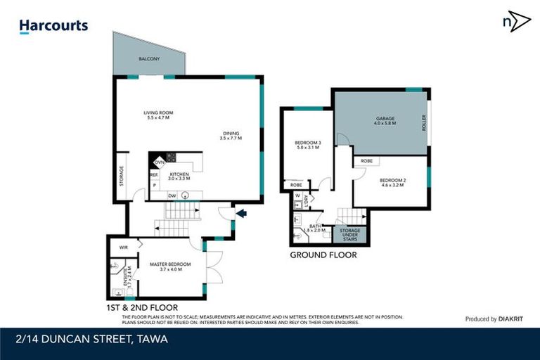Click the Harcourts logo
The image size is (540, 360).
click(x=53, y=26)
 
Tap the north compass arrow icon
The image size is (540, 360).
click(x=516, y=21)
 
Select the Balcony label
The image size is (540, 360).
click(x=147, y=58)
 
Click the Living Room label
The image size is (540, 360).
click(x=158, y=115)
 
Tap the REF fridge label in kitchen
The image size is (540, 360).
click(x=153, y=174)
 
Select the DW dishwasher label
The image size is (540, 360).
click(x=172, y=196)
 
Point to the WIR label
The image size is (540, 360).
click(x=123, y=247)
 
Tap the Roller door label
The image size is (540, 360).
click(x=424, y=124)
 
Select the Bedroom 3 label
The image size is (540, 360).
click(x=308, y=146)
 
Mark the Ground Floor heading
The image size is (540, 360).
click(x=323, y=255)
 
